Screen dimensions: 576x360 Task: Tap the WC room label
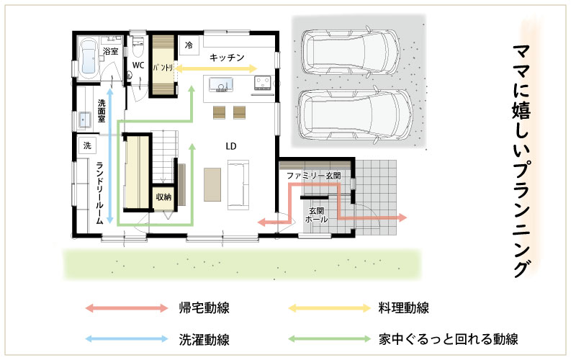point(138,66)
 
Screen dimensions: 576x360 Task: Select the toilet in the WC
point(138,46)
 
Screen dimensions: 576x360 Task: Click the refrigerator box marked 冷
point(189,45)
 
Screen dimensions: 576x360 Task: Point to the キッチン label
point(227,58)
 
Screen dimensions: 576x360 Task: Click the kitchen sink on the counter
point(221,84)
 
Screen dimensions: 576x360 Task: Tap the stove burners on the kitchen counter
point(263,83)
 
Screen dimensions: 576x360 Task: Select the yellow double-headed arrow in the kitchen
point(216,68)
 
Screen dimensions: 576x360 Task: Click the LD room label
point(230,146)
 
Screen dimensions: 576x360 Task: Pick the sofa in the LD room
point(238,185)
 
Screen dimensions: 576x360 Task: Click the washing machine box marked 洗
point(87,145)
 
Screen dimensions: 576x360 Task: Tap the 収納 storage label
point(163,197)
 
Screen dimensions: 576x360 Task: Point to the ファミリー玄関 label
point(314,176)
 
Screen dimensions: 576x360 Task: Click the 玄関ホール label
point(316,215)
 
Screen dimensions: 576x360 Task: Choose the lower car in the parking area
point(356,114)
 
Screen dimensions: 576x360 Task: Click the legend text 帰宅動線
point(204,308)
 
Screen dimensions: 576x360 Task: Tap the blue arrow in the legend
point(127,339)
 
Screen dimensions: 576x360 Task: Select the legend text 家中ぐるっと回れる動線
point(448,339)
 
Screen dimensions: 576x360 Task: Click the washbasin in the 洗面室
point(85,120)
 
